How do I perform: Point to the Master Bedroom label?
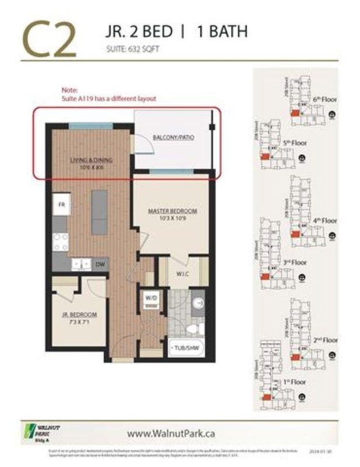coord(172,210)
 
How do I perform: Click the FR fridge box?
coord(60,205)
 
